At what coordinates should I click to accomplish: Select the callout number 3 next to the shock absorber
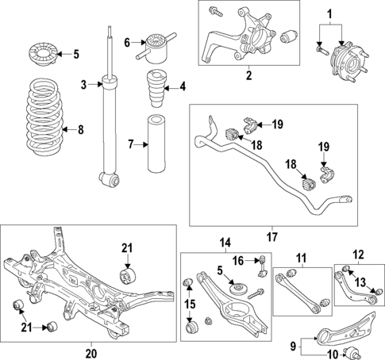click(83, 84)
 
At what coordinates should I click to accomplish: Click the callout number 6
click(126, 44)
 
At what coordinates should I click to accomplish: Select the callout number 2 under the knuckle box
click(248, 76)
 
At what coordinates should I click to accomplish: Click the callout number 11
click(301, 259)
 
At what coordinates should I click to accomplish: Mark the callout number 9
click(295, 346)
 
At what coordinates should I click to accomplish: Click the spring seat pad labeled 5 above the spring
click(40, 55)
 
